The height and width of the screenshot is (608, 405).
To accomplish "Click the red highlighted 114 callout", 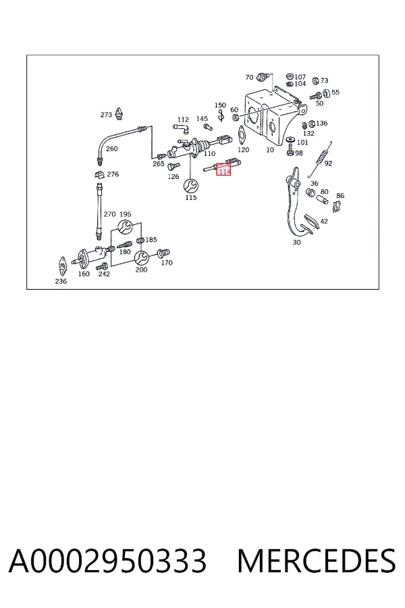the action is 223,169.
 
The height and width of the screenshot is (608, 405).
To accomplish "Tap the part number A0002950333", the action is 107,561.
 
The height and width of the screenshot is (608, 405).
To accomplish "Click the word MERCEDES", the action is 317,561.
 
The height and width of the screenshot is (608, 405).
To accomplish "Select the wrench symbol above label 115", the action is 190,186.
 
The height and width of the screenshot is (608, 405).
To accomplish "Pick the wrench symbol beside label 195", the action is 125,227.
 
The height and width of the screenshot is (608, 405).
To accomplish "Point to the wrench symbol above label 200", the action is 141,257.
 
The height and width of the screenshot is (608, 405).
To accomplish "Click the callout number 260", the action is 111,149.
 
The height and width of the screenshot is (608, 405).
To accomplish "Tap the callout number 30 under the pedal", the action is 296,243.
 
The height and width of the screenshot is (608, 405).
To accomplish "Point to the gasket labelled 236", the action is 62,265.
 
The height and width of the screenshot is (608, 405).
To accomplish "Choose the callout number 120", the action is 244,150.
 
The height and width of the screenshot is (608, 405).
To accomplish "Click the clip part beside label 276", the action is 100,174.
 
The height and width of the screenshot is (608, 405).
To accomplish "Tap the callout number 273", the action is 106,115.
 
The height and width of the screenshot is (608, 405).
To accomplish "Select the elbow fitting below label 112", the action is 182,128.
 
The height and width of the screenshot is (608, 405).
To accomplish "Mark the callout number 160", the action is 84,274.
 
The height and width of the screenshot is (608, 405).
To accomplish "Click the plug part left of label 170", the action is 163,253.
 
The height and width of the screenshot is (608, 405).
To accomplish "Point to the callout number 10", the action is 270,150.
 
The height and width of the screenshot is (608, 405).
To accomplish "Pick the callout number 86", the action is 340,196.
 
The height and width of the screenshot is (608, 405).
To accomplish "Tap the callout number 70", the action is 249,78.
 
